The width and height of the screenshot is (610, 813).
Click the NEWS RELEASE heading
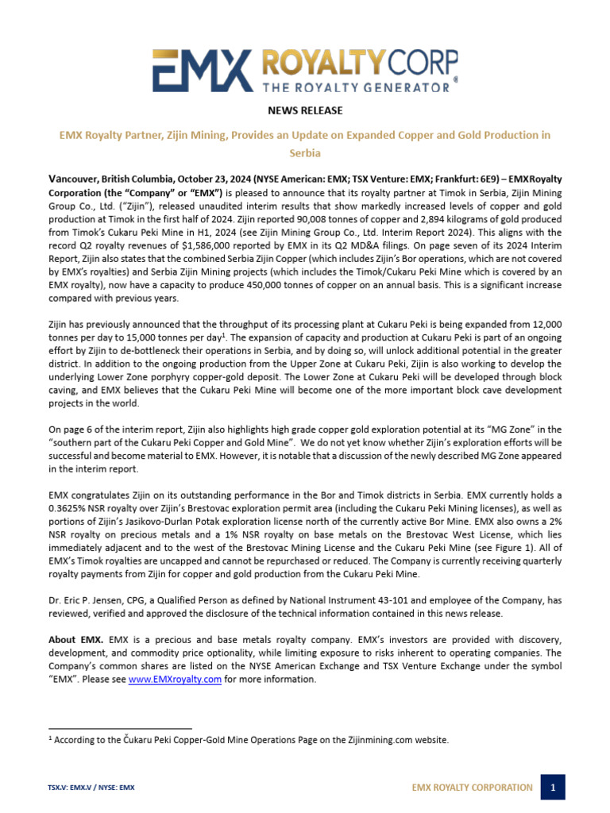[305, 110]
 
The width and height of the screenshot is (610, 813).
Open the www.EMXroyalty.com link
[175, 679]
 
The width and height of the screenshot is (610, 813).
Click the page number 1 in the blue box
[553, 788]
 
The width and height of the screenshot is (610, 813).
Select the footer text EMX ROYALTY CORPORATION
[472, 788]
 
